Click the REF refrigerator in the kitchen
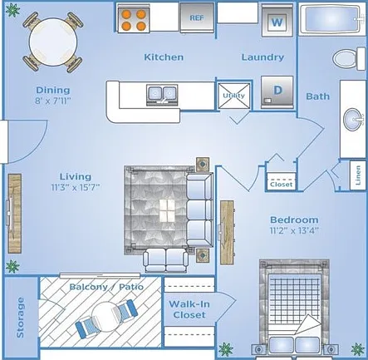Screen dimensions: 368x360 tap(197, 17)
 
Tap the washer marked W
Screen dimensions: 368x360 tap(277, 22)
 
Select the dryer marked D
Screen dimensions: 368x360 tap(277, 92)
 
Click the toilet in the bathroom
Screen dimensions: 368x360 tap(349, 58)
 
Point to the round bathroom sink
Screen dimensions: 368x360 tap(352, 120)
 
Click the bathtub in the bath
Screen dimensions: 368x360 tap(332, 19)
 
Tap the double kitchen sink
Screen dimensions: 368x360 tap(162, 95)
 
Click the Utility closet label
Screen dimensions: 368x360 tap(234, 96)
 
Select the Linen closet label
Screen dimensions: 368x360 tap(358, 175)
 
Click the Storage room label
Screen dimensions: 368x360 tap(20, 318)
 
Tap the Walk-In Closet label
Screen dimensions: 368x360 tap(189, 309)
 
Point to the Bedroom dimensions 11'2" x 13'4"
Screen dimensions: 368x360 tap(294, 230)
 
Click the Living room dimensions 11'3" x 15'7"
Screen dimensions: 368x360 tap(76, 187)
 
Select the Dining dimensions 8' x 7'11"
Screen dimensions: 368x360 tap(53, 101)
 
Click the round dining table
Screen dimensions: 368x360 tap(53, 42)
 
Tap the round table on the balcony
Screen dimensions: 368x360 tap(105, 317)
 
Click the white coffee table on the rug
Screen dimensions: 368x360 tap(167, 210)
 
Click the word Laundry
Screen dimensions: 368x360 tap(263, 57)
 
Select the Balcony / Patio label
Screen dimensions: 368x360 tap(106, 287)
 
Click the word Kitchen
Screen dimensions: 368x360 tap(164, 57)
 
